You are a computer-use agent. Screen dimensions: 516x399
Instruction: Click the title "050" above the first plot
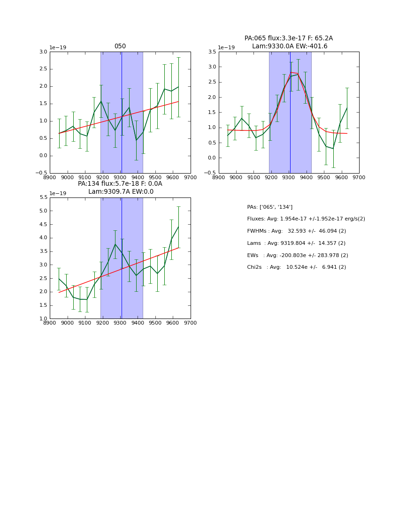coord(120,46)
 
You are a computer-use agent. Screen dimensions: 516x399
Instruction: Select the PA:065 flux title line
coord(288,38)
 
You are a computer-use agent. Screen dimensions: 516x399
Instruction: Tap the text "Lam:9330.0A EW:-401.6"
coord(289,46)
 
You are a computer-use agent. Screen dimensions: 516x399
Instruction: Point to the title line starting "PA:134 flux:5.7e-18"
coord(120,184)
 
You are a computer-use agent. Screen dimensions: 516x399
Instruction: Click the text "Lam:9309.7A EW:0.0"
coord(121,192)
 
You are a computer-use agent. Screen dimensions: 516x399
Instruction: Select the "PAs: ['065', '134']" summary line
coord(270,207)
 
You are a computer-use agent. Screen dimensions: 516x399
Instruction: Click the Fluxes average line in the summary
coord(306,219)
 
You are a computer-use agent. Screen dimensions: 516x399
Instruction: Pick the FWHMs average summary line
coord(296,231)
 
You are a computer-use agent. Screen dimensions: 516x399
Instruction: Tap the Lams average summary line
coord(296,243)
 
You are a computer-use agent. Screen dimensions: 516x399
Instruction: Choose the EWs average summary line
coord(298,256)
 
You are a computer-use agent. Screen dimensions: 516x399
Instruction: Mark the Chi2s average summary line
coord(296,267)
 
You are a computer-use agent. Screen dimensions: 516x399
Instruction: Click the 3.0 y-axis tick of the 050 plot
coord(43,52)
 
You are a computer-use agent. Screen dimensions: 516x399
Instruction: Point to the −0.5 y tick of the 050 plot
coord(42,173)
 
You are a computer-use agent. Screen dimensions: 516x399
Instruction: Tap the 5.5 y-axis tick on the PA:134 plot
coord(43,197)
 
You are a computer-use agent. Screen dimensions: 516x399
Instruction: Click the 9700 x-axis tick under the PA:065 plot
coord(359,177)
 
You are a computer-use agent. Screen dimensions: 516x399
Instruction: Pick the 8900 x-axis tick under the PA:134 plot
coord(50,323)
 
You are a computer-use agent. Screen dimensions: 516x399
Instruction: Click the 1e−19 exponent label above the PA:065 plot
coord(227,48)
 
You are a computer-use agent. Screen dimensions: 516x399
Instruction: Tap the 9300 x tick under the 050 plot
coord(120,177)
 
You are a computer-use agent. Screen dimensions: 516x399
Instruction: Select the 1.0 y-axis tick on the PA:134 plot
coord(43,319)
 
